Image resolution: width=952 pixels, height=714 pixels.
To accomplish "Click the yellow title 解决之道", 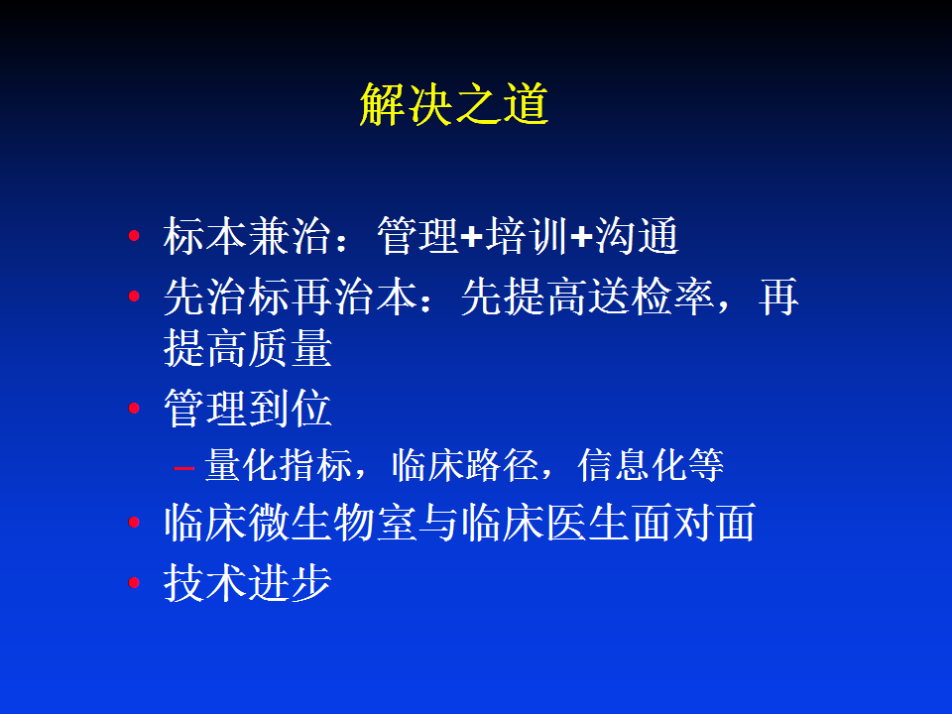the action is pyautogui.click(x=454, y=104).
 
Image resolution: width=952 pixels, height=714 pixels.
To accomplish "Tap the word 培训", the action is pyautogui.click(x=527, y=236).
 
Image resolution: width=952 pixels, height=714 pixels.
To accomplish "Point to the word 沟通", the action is pyautogui.click(x=636, y=236).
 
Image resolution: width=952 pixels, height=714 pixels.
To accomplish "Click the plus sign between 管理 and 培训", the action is pyautogui.click(x=472, y=237).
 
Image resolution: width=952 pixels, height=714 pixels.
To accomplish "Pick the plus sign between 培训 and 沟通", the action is pyautogui.click(x=581, y=237).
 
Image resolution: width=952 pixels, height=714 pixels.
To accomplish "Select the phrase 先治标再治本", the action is pyautogui.click(x=291, y=297).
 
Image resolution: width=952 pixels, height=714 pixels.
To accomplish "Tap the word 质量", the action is pyautogui.click(x=291, y=348).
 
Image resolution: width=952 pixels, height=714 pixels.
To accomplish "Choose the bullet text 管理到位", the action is pyautogui.click(x=248, y=408).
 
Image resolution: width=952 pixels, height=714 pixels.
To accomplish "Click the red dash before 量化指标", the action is pyautogui.click(x=183, y=467).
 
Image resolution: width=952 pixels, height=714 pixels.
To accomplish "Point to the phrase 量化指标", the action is pyautogui.click(x=279, y=465).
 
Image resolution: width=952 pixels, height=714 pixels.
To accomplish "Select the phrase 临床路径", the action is pyautogui.click(x=465, y=465).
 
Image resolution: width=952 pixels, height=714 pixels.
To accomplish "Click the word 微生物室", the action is pyautogui.click(x=333, y=523).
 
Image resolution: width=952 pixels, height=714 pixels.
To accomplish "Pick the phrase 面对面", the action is pyautogui.click(x=693, y=523).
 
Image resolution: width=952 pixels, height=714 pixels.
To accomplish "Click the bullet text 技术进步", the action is pyautogui.click(x=248, y=583).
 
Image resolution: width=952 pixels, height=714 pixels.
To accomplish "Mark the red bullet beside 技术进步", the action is pyautogui.click(x=134, y=583).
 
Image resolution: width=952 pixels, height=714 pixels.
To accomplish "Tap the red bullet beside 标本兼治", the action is pyautogui.click(x=134, y=236).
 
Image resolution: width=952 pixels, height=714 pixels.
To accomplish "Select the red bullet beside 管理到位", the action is pyautogui.click(x=134, y=408).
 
